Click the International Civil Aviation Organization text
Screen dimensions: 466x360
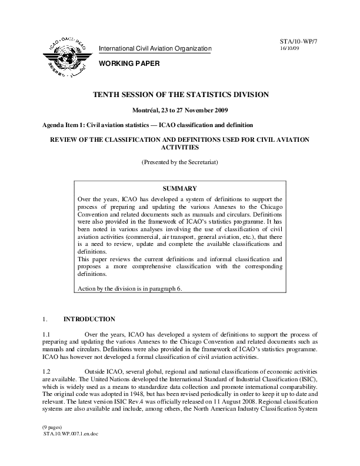point(155,48)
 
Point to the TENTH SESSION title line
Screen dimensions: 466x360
point(180,94)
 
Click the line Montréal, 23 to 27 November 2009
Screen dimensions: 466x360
point(180,111)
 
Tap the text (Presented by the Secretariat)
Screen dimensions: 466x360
point(180,161)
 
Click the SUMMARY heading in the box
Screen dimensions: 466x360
point(180,189)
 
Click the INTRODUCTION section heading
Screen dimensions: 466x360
point(89,319)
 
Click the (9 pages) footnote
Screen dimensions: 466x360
point(51,442)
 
